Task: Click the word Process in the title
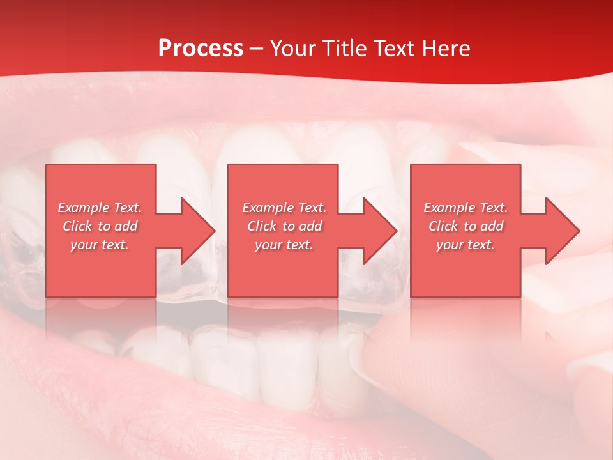(x=201, y=49)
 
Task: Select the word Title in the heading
(x=345, y=49)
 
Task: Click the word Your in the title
(x=294, y=49)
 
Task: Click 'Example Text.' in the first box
(x=100, y=208)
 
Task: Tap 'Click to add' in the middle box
(x=284, y=226)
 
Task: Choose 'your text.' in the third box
(x=465, y=245)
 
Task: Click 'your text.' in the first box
(x=100, y=245)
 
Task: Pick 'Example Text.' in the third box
(x=465, y=208)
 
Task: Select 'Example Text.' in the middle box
(x=284, y=208)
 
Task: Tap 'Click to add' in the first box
(x=100, y=226)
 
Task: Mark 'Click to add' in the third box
(x=465, y=226)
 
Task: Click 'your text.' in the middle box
(x=284, y=245)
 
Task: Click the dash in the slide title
(x=257, y=49)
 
